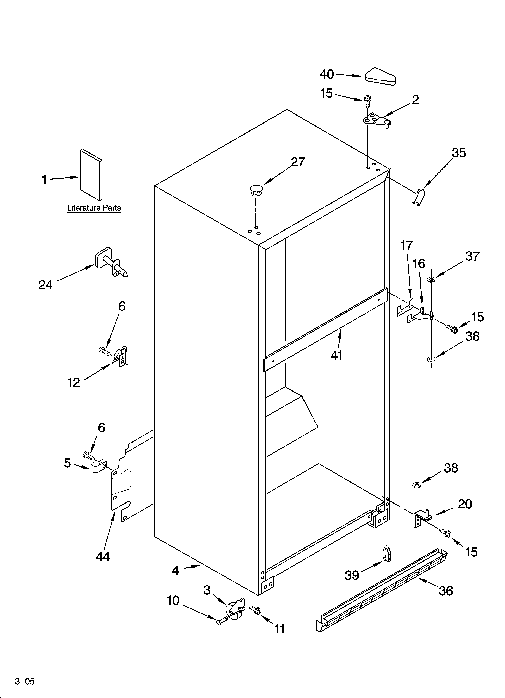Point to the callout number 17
point(406,245)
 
